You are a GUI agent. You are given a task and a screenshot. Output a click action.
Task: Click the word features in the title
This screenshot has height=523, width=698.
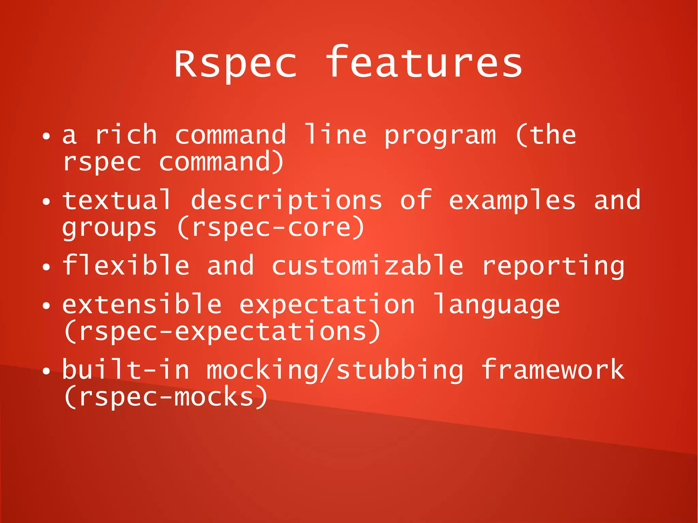[x=424, y=63]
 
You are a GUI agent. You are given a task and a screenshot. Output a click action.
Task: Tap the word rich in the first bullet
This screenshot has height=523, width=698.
[x=126, y=135]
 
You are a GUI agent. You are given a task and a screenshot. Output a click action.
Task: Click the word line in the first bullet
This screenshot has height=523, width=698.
[x=335, y=134]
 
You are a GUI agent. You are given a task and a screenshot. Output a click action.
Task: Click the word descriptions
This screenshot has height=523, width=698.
[x=286, y=201]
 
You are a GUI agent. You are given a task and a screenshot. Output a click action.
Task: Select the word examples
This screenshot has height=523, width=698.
[x=512, y=201]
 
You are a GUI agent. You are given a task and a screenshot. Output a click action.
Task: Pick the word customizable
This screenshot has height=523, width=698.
[x=367, y=266]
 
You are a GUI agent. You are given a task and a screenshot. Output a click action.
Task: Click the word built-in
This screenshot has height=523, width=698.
[x=126, y=370]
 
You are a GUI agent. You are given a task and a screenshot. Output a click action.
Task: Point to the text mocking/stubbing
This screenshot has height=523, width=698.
[x=335, y=371]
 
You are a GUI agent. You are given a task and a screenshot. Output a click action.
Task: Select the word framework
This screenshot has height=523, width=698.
[x=553, y=370]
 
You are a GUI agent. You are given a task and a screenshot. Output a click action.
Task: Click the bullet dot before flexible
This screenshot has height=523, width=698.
[x=46, y=267]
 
